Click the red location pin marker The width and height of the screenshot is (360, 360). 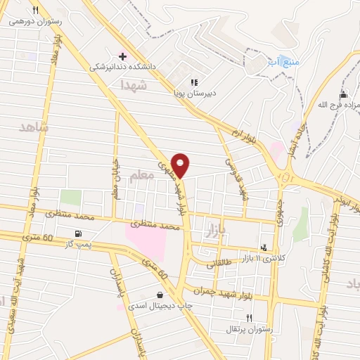coord(181,165)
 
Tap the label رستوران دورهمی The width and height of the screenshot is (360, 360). coord(36,21)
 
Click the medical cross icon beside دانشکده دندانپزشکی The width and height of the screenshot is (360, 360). coord(123,56)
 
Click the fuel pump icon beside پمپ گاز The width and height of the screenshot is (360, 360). coord(77,234)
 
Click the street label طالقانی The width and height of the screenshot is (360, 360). coord(217,262)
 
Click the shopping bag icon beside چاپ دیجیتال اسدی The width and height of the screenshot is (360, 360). coord(160,295)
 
